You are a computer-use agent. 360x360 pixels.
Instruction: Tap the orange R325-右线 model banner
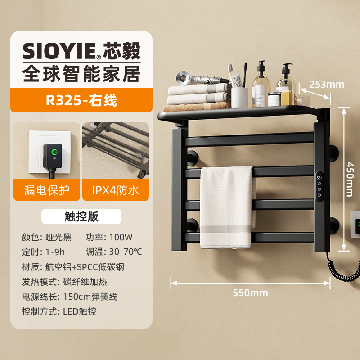pyautogui.click(x=81, y=100)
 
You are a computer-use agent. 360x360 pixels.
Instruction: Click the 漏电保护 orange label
pyautogui.click(x=46, y=190)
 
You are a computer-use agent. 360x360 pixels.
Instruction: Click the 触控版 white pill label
pyautogui.click(x=81, y=216)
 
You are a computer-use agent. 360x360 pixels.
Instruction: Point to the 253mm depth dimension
pyautogui.click(x=326, y=84)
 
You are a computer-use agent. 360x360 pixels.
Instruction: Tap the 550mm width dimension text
pyautogui.click(x=250, y=292)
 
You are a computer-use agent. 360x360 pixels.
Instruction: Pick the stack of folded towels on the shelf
pyautogui.click(x=197, y=95)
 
